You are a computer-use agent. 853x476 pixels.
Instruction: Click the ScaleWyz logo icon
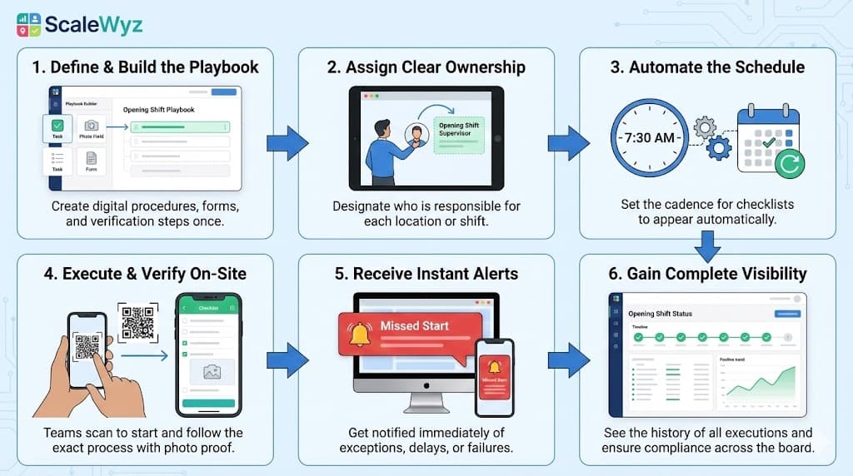tap(28, 24)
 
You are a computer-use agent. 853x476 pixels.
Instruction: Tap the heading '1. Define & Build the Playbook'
tap(147, 67)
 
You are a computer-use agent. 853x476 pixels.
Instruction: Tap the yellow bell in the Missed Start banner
tap(360, 333)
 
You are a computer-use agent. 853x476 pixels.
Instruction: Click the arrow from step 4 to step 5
tap(287, 359)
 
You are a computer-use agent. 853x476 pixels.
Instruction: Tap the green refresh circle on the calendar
tap(788, 164)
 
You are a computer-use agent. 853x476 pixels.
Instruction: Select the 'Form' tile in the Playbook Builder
tap(92, 161)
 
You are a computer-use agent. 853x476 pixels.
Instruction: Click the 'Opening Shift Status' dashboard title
tap(660, 314)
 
